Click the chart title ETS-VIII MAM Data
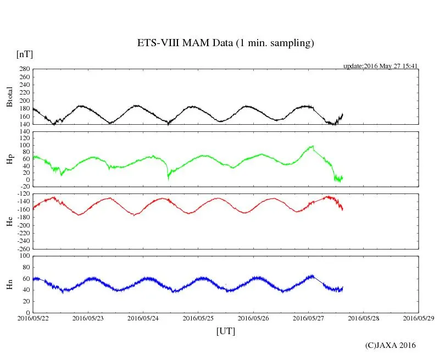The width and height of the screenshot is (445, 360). [225, 43]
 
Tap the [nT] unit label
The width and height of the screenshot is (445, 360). [24, 54]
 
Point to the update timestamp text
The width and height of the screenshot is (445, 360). [381, 66]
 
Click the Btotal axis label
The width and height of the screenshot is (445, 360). [9, 97]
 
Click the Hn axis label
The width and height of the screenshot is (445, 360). [9, 284]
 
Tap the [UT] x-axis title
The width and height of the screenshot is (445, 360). [226, 331]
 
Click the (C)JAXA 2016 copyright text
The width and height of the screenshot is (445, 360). [391, 345]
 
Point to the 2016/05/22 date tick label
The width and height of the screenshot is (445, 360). [33, 318]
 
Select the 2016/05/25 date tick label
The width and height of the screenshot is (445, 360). [198, 318]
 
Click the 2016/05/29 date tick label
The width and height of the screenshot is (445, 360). [419, 318]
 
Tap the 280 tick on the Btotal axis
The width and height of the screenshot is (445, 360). [24, 69]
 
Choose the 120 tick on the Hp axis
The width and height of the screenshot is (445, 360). [24, 132]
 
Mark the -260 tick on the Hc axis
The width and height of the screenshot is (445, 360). [23, 248]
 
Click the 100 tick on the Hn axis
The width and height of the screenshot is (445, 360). [24, 256]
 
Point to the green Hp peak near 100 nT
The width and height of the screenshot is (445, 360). [312, 146]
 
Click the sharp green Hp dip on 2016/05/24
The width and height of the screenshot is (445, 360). [168, 177]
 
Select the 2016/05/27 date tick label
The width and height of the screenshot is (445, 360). [308, 318]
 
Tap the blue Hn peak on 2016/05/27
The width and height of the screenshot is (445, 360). [312, 275]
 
